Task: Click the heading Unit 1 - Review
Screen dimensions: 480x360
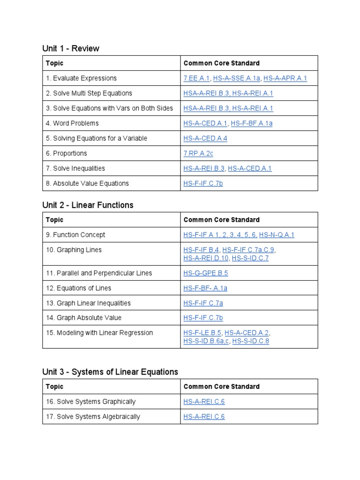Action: pyautogui.click(x=71, y=49)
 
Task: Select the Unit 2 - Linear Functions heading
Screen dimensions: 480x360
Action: pyautogui.click(x=88, y=205)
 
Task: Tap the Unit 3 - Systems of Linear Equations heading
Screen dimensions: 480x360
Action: pyautogui.click(x=110, y=372)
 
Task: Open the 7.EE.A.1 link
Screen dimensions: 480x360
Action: pyautogui.click(x=196, y=78)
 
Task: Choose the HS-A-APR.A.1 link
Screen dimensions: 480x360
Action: pyautogui.click(x=285, y=78)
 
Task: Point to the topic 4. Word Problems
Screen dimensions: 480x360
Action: pyautogui.click(x=72, y=123)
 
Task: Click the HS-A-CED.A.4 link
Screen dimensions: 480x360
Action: pyautogui.click(x=205, y=138)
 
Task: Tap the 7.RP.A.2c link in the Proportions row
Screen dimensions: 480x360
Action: pyautogui.click(x=198, y=153)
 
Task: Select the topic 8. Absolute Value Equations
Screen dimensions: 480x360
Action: pyautogui.click(x=87, y=183)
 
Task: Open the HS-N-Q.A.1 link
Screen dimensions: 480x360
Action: pyautogui.click(x=277, y=235)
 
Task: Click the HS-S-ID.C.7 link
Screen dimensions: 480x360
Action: pyautogui.click(x=250, y=258)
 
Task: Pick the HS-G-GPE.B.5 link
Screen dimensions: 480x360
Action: pyautogui.click(x=206, y=273)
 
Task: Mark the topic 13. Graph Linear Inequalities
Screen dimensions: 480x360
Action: pyautogui.click(x=88, y=303)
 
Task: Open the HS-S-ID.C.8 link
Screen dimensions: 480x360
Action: pyautogui.click(x=251, y=341)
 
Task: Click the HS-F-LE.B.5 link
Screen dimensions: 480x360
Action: pyautogui.click(x=202, y=333)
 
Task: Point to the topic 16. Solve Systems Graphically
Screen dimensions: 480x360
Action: pyautogui.click(x=90, y=402)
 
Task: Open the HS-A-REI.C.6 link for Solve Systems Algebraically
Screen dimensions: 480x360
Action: pyautogui.click(x=204, y=417)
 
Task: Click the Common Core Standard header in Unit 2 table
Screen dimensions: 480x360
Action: pyautogui.click(x=221, y=220)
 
